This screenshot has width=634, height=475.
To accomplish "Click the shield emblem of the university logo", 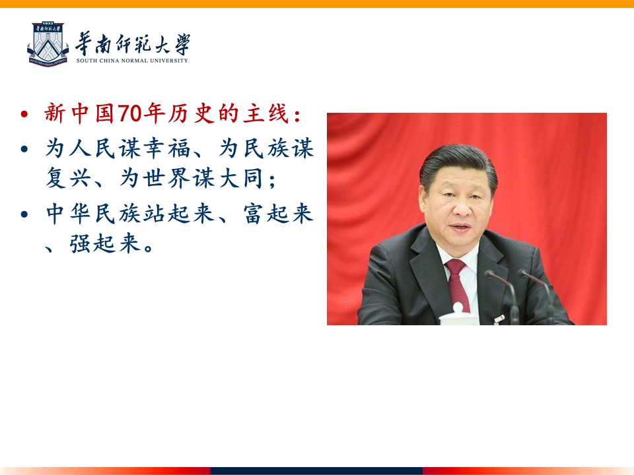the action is pos(48,44).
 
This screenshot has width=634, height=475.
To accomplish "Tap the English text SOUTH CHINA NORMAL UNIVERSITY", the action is pos(132,61).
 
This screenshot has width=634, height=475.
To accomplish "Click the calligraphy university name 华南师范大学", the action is pos(132,44).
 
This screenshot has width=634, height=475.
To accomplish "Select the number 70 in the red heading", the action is pos(129,113).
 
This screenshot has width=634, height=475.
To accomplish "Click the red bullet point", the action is pos(24,114).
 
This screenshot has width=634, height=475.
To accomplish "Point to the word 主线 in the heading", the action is pos(265,113).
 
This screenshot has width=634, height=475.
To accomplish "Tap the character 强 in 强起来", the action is pos(80,243).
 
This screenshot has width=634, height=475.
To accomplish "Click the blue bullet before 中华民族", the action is pos(24,214).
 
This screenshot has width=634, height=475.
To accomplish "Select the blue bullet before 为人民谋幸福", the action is pos(24,149).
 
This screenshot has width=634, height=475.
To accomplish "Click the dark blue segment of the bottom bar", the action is pos(316,471).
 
